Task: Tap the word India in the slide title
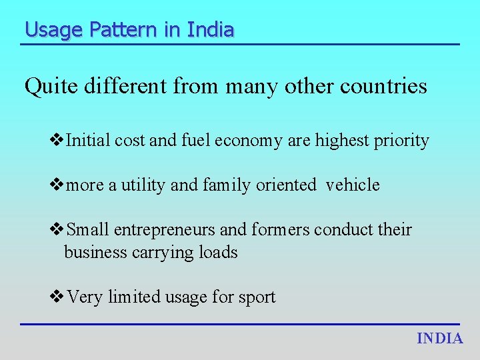211,30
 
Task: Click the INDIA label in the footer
440,338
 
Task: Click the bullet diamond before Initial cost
57,140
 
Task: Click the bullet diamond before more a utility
57,185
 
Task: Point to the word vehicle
353,185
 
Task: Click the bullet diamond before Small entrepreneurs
57,229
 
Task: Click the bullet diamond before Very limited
57,296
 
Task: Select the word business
94,253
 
